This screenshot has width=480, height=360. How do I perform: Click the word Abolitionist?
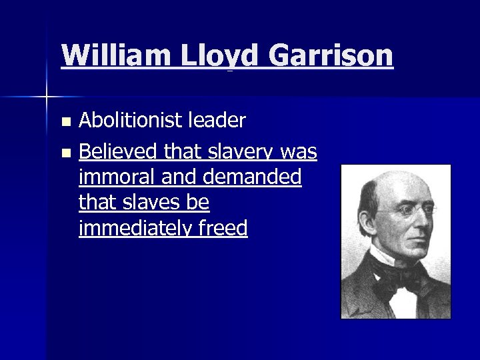(128, 121)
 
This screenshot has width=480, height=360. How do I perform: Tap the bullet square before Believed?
(65, 153)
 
